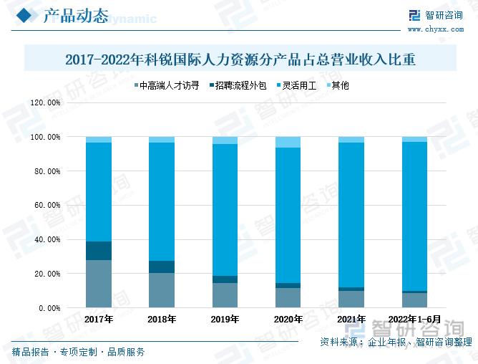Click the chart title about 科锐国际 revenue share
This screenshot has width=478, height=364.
coord(240,59)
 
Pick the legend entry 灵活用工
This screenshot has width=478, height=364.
coord(295,85)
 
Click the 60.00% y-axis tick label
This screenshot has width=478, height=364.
coord(47,205)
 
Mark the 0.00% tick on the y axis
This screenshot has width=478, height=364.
coord(49,307)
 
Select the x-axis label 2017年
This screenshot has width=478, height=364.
coord(98,319)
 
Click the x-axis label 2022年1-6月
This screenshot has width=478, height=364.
coord(414,319)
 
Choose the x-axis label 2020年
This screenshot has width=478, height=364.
coord(288,319)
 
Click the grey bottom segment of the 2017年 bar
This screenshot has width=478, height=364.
coord(99,284)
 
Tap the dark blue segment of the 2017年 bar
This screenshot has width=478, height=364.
coord(99,251)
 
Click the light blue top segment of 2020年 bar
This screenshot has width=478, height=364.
coord(288,142)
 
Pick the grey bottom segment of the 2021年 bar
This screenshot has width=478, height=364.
coord(351,299)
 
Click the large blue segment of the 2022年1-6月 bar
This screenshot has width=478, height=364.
coord(414,215)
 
